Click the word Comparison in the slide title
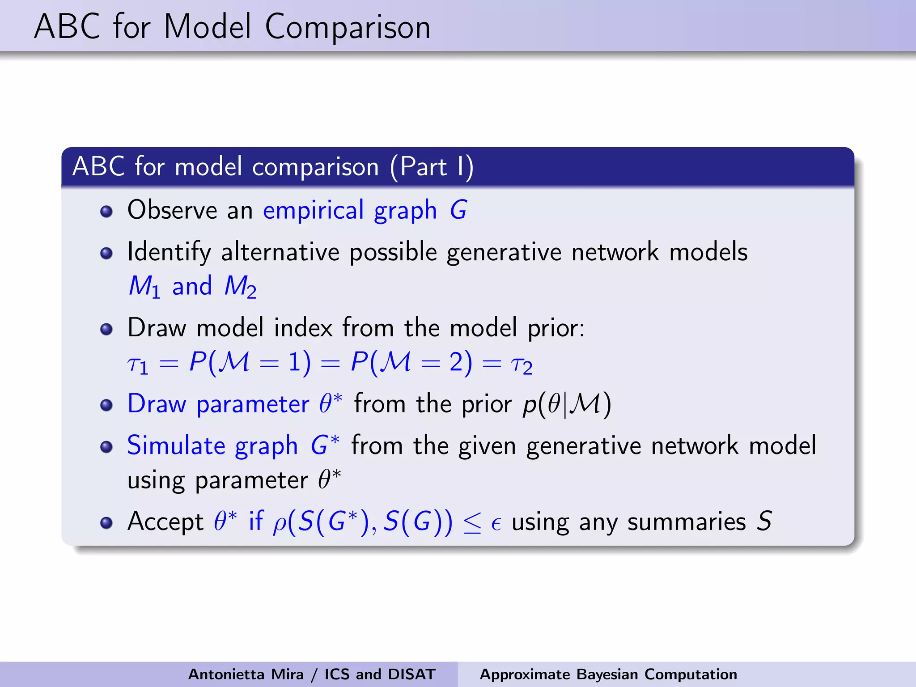click(348, 28)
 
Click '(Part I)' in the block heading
click(432, 167)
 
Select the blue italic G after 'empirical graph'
click(458, 210)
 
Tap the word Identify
click(169, 252)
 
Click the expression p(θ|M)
click(567, 404)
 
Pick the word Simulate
click(176, 445)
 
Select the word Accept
click(165, 522)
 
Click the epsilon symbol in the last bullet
click(496, 523)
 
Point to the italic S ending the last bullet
click(764, 522)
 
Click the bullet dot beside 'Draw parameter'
click(106, 405)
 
